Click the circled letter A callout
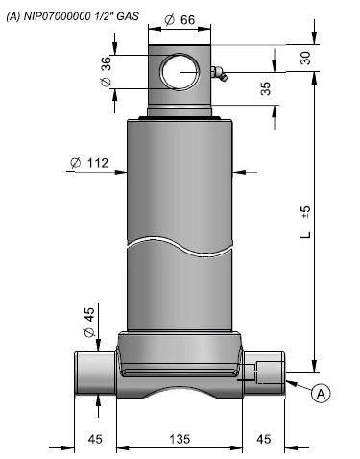click(321, 393)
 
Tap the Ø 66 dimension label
click(180, 20)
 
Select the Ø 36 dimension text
click(107, 71)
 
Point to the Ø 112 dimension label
click(89, 163)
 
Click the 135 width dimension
click(180, 438)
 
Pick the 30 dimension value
click(305, 58)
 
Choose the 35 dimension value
click(266, 88)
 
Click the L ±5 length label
click(306, 222)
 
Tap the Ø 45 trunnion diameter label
click(89, 322)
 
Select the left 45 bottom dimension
click(95, 438)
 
